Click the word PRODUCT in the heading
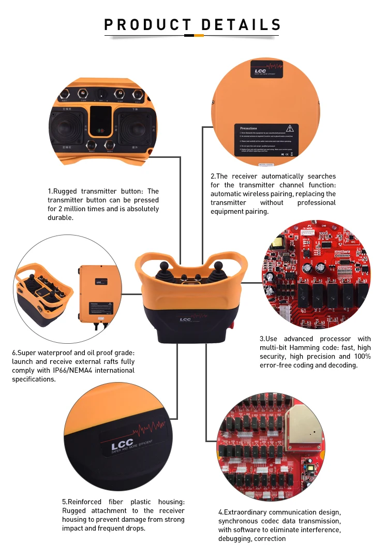click(x=147, y=25)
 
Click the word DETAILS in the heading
click(x=241, y=25)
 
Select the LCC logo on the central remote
click(x=185, y=319)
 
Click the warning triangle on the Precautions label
click(x=290, y=128)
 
